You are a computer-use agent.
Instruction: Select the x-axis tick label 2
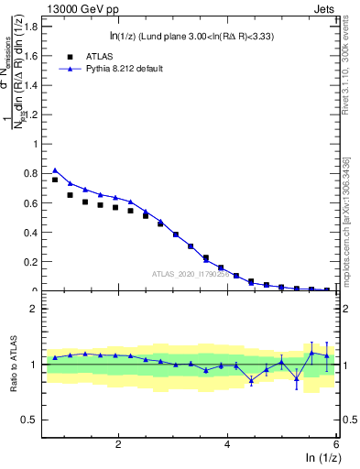click(x=118, y=444)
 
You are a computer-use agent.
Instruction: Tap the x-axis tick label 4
click(x=227, y=444)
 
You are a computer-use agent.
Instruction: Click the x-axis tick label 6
click(x=336, y=444)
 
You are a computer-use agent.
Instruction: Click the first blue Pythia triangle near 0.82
click(x=55, y=169)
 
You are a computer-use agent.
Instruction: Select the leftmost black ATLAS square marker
click(x=55, y=180)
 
